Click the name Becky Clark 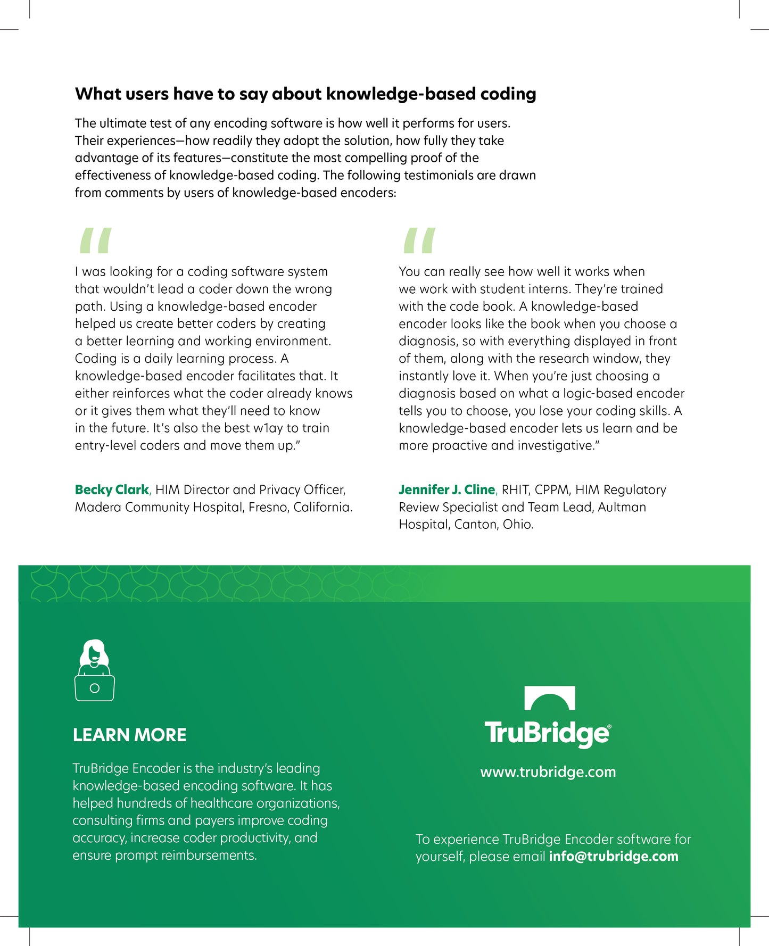[x=112, y=489]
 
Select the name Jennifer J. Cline [x=446, y=489]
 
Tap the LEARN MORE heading [x=129, y=735]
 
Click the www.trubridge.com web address [x=548, y=772]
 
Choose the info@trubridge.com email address [x=613, y=856]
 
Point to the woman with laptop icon [x=95, y=670]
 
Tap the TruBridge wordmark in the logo [x=547, y=734]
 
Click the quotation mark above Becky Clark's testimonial [x=95, y=240]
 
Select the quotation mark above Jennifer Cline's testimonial [x=419, y=240]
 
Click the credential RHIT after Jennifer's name [x=515, y=489]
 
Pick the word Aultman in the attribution [x=622, y=507]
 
